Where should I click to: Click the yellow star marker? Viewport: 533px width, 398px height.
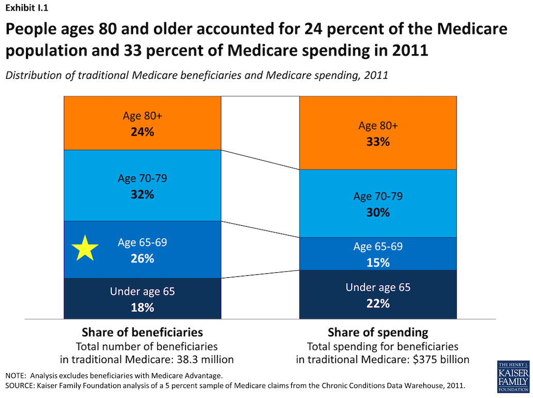tap(85, 248)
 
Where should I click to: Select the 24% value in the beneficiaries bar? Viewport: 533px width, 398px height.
tap(142, 131)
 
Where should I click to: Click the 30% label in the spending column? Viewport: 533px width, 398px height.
tap(378, 212)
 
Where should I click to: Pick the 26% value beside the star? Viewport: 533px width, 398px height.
tap(142, 258)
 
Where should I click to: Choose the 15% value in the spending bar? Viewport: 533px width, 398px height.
tap(378, 262)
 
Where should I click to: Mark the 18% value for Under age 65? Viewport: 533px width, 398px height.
tap(142, 307)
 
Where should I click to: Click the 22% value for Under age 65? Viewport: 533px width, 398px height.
tap(378, 303)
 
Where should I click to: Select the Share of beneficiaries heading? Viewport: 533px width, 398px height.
tap(142, 332)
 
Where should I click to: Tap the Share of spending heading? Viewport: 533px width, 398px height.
tap(378, 332)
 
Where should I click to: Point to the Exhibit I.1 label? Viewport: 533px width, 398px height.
tap(27, 8)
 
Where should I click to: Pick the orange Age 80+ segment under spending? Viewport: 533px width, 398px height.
tap(378, 108)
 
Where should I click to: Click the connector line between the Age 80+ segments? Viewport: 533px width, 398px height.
tap(260, 160)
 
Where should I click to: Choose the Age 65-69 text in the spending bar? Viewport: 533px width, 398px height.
tap(378, 246)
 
